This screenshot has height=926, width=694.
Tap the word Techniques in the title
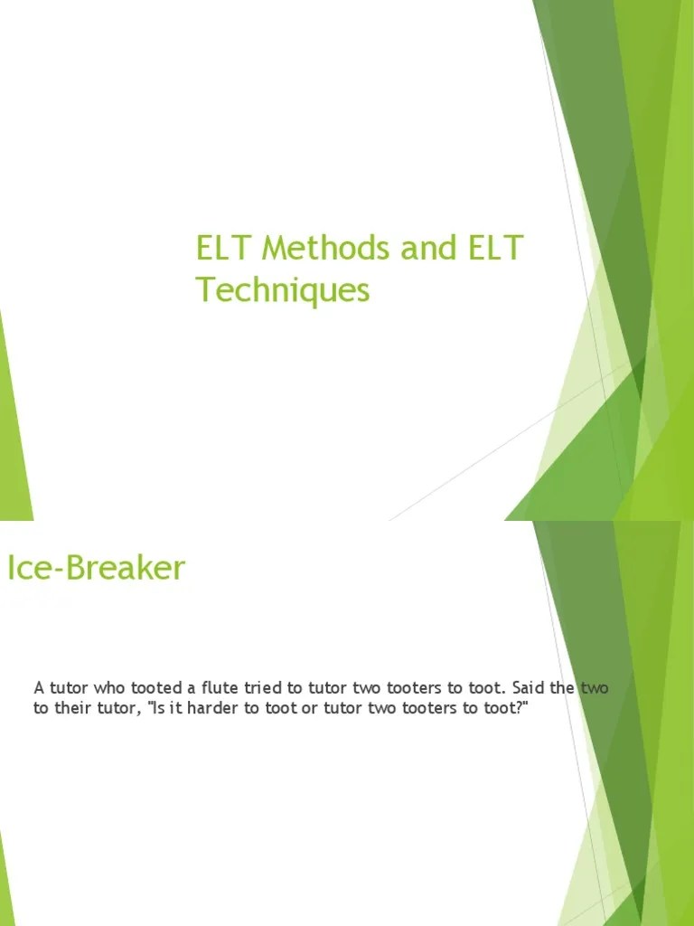pos(283,290)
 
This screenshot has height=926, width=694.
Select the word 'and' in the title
pos(425,248)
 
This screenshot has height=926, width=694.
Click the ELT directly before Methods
pos(224,248)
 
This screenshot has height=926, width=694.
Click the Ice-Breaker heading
pos(96,568)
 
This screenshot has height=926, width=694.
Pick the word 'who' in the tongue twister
pos(105,688)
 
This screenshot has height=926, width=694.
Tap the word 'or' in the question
pos(309,708)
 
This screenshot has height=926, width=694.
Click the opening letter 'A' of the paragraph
pos(39,688)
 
